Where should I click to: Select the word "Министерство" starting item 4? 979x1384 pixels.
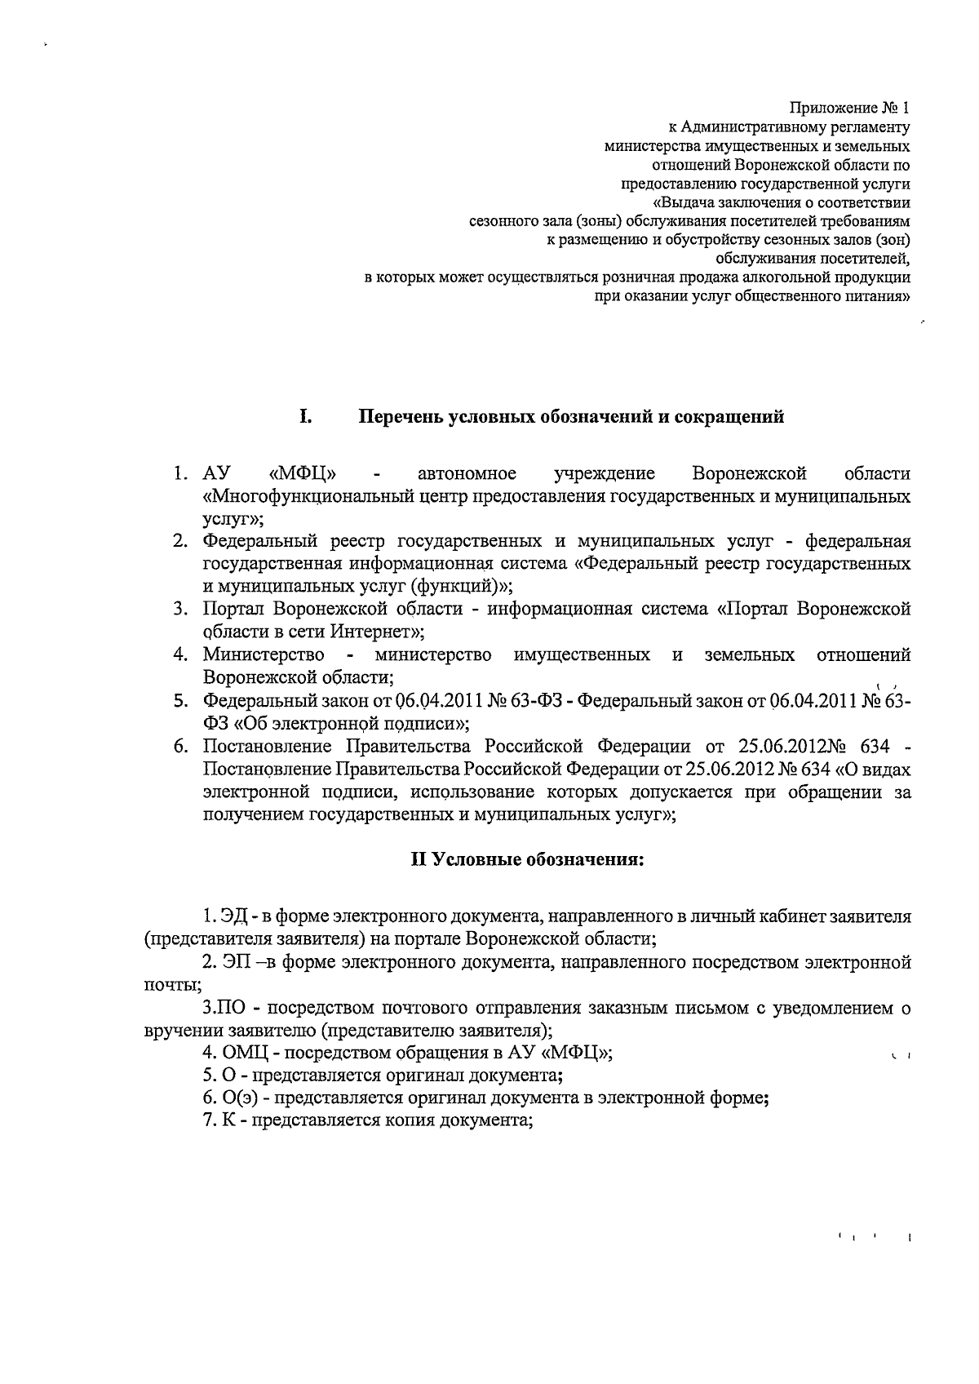click(264, 655)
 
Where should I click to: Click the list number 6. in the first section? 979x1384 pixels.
click(182, 746)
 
